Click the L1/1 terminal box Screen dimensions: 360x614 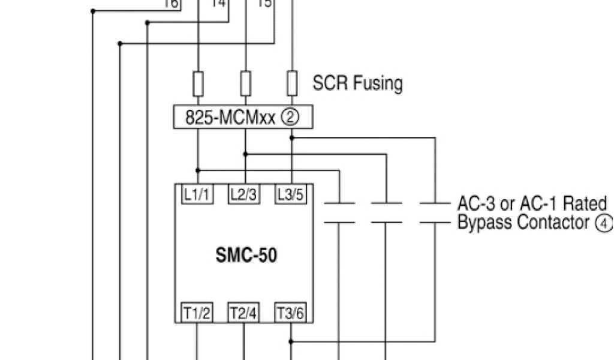(x=197, y=194)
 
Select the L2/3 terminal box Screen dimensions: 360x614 (x=243, y=194)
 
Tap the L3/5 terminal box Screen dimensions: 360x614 (x=291, y=194)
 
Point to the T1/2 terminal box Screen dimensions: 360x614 (x=197, y=313)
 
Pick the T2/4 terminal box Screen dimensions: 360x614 (x=243, y=313)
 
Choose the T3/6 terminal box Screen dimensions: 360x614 (x=291, y=313)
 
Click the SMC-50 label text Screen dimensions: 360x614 (x=246, y=256)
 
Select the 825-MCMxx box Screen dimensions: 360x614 (x=243, y=118)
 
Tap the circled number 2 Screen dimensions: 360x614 (x=290, y=118)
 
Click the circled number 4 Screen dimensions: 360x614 (x=603, y=223)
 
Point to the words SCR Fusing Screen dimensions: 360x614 (x=357, y=83)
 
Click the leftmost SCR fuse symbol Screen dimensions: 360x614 (x=197, y=83)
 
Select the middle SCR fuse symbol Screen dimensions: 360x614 (x=245, y=83)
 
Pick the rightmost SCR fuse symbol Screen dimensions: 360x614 (x=292, y=83)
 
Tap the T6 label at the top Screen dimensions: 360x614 (x=171, y=4)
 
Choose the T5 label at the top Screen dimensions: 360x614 (x=263, y=4)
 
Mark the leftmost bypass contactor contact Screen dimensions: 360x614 (x=339, y=213)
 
